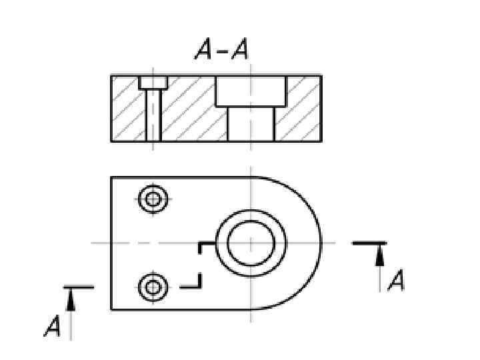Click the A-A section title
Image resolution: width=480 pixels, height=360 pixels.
221,49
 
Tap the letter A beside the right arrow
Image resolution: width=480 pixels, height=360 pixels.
396,280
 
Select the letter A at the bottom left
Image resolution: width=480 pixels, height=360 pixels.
53,326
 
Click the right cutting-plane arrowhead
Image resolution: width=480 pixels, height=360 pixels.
380,256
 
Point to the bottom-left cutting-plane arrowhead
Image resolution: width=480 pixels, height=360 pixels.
71,301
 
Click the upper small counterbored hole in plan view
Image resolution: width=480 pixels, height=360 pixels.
153,199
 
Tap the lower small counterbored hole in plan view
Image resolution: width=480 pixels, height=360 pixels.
153,288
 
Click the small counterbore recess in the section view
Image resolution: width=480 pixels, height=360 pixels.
153,83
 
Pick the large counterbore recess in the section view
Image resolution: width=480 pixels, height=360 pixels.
251,91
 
